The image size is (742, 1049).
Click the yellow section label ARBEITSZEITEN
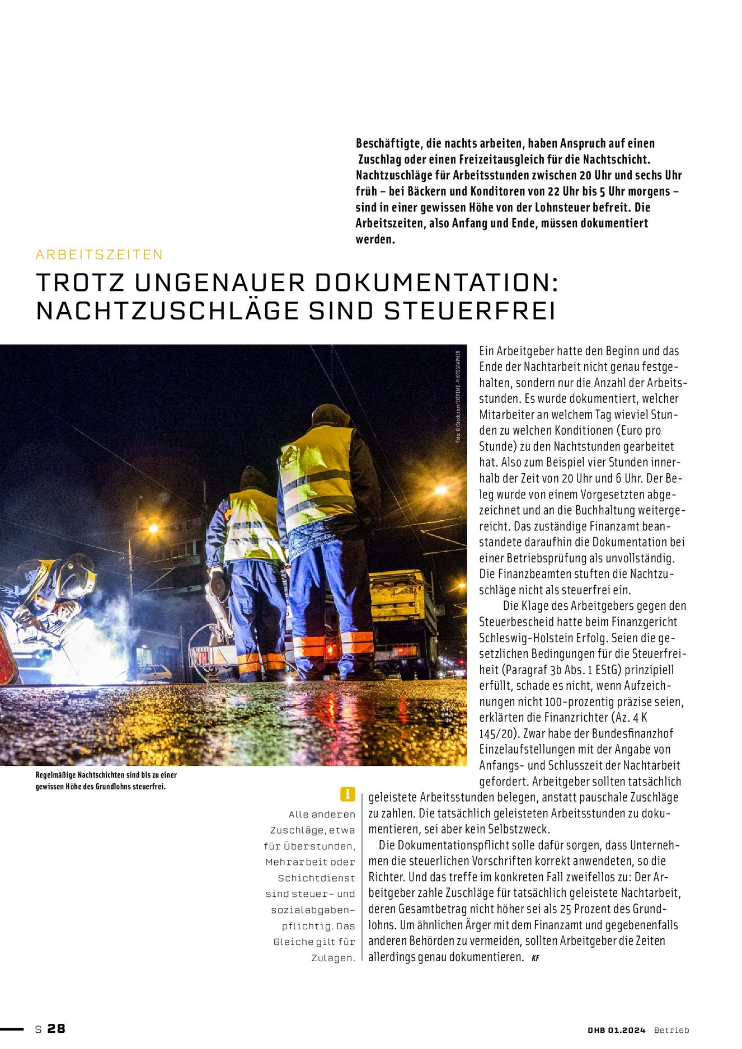click(99, 255)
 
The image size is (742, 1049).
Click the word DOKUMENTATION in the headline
click(436, 283)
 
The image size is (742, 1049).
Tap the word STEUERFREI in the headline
click(470, 311)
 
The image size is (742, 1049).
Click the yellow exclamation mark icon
click(347, 794)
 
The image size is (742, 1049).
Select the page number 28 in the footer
click(57, 1028)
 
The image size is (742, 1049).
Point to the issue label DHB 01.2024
click(616, 1030)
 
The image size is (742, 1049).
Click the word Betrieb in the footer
click(671, 1030)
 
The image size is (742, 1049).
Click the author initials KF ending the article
click(536, 958)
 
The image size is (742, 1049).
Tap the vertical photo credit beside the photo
click(458, 397)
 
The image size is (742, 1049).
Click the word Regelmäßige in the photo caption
click(56, 775)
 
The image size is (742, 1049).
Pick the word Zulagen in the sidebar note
click(333, 958)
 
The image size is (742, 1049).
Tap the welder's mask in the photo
click(78, 576)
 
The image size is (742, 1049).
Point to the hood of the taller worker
click(330, 415)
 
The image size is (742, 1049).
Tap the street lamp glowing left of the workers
click(152, 528)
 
